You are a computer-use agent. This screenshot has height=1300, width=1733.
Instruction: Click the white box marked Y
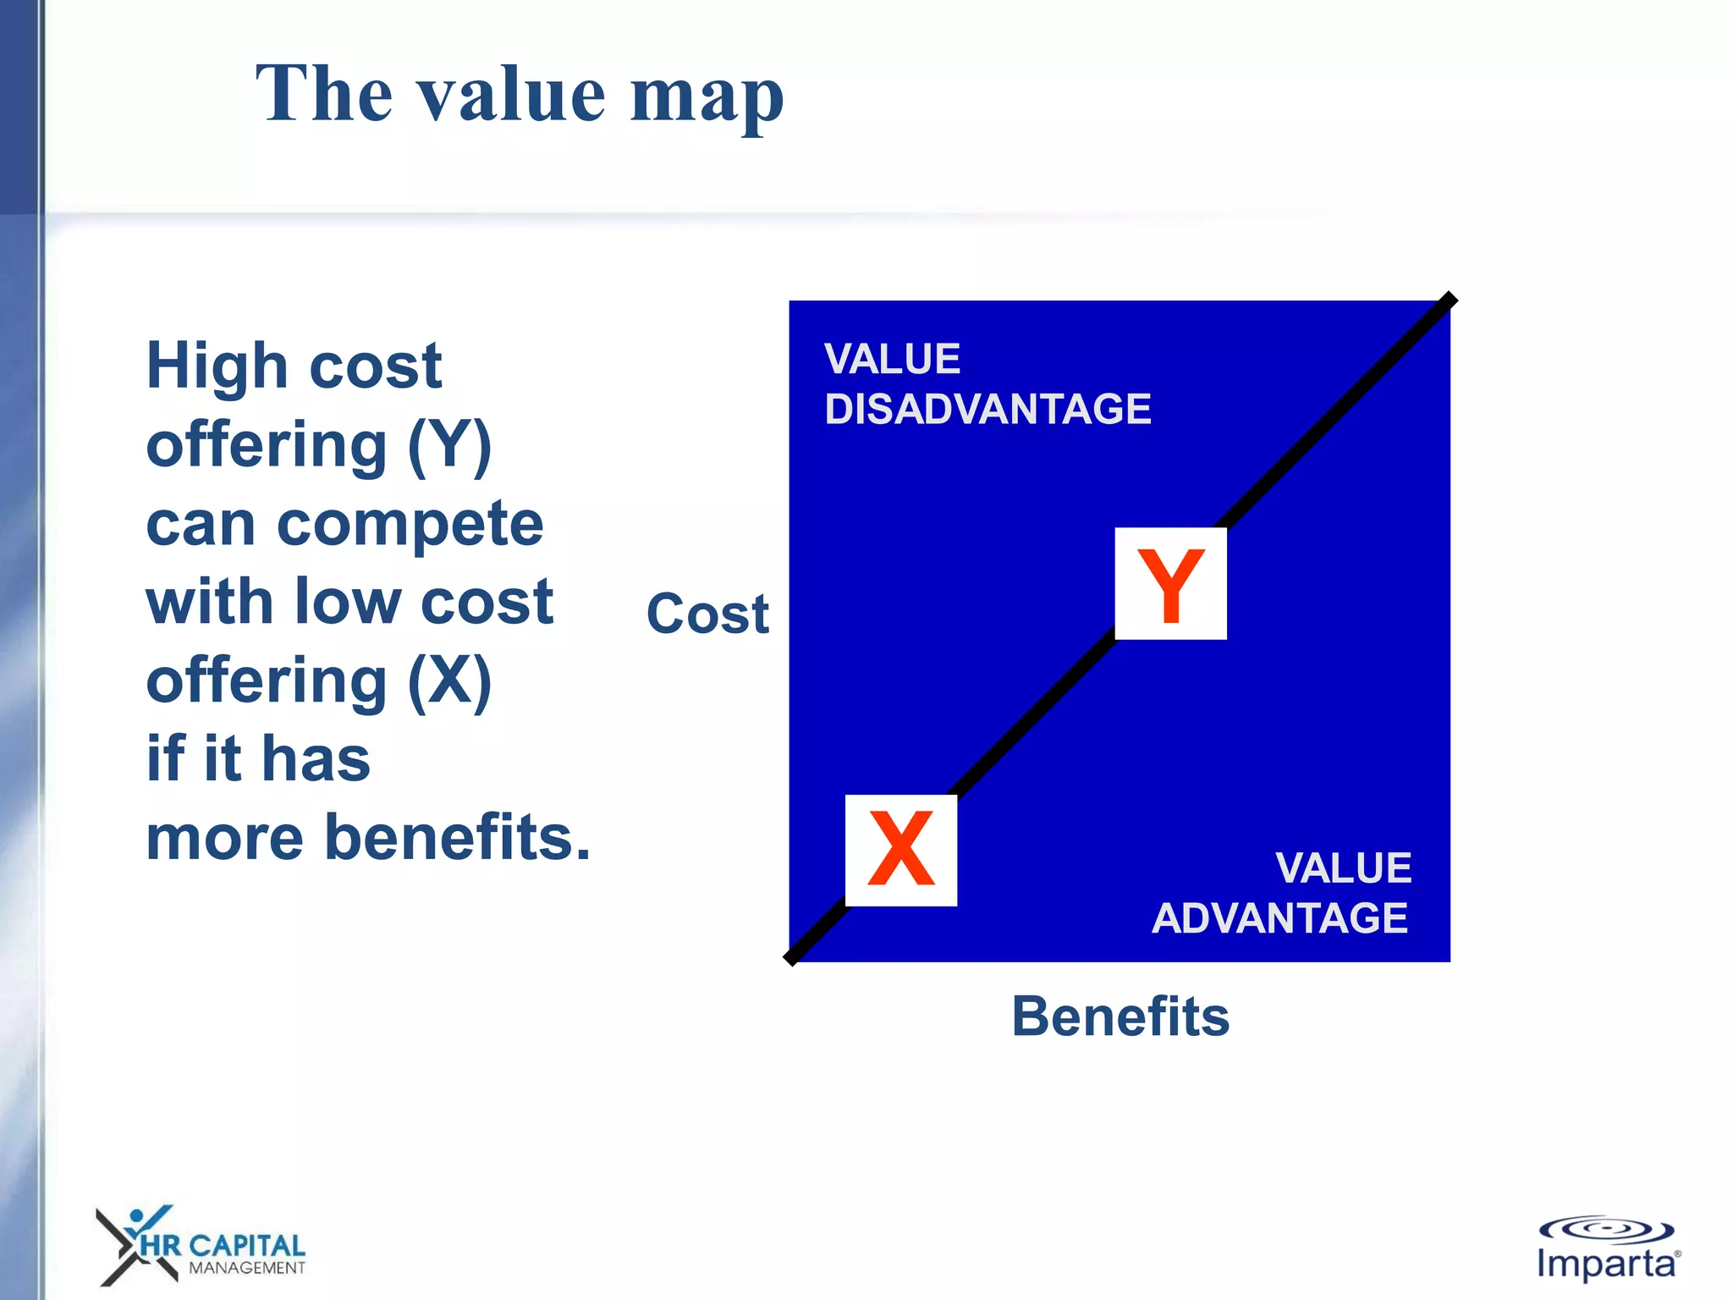(1170, 583)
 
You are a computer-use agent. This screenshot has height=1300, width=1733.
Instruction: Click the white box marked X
(901, 850)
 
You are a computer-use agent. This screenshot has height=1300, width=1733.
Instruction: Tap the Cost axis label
(707, 614)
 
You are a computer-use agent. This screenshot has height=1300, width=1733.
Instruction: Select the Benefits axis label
(1120, 1016)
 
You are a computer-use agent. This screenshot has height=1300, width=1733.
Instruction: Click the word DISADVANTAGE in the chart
(988, 410)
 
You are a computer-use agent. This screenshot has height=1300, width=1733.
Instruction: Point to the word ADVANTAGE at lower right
(1279, 918)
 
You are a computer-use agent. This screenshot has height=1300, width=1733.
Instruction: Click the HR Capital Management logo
(201, 1246)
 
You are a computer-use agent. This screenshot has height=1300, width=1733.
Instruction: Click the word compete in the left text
(410, 525)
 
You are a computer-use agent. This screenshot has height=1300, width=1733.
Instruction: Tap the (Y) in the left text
(449, 446)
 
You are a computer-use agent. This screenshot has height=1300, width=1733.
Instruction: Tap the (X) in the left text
(449, 681)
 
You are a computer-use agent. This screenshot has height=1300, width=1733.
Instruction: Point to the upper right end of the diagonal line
(1450, 299)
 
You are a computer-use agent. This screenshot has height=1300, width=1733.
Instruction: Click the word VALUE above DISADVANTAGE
(892, 359)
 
